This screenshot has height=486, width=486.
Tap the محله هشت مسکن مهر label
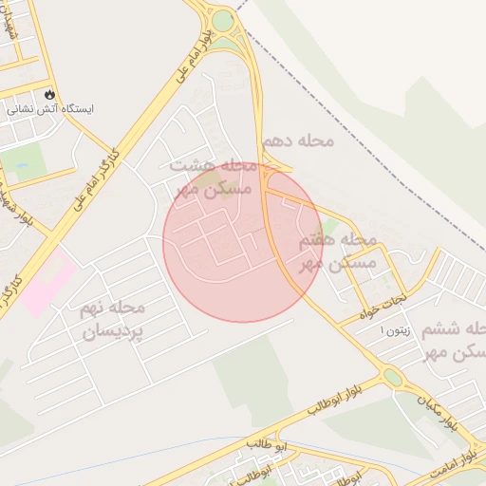click(214, 177)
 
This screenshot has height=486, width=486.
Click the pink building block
click(47, 280)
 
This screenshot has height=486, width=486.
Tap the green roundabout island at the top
click(223, 21)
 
